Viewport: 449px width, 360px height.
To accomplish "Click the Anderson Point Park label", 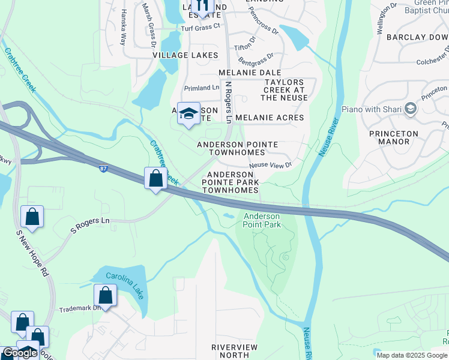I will coord(261,220).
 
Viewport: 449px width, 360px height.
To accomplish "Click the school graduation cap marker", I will coord(189,114).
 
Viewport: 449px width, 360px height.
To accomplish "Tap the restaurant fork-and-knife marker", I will coord(202,6).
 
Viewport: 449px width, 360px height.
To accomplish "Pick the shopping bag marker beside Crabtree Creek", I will coord(155,178).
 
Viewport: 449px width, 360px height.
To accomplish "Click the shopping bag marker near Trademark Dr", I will coord(106,296).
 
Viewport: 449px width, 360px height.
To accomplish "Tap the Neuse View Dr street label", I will coord(270,164).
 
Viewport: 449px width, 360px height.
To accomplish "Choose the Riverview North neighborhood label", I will coord(234,351).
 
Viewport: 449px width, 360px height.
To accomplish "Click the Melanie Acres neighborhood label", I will coord(270,118).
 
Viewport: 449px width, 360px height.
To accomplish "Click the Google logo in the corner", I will coord(20,353).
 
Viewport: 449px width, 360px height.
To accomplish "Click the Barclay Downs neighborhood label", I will coord(418,37).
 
